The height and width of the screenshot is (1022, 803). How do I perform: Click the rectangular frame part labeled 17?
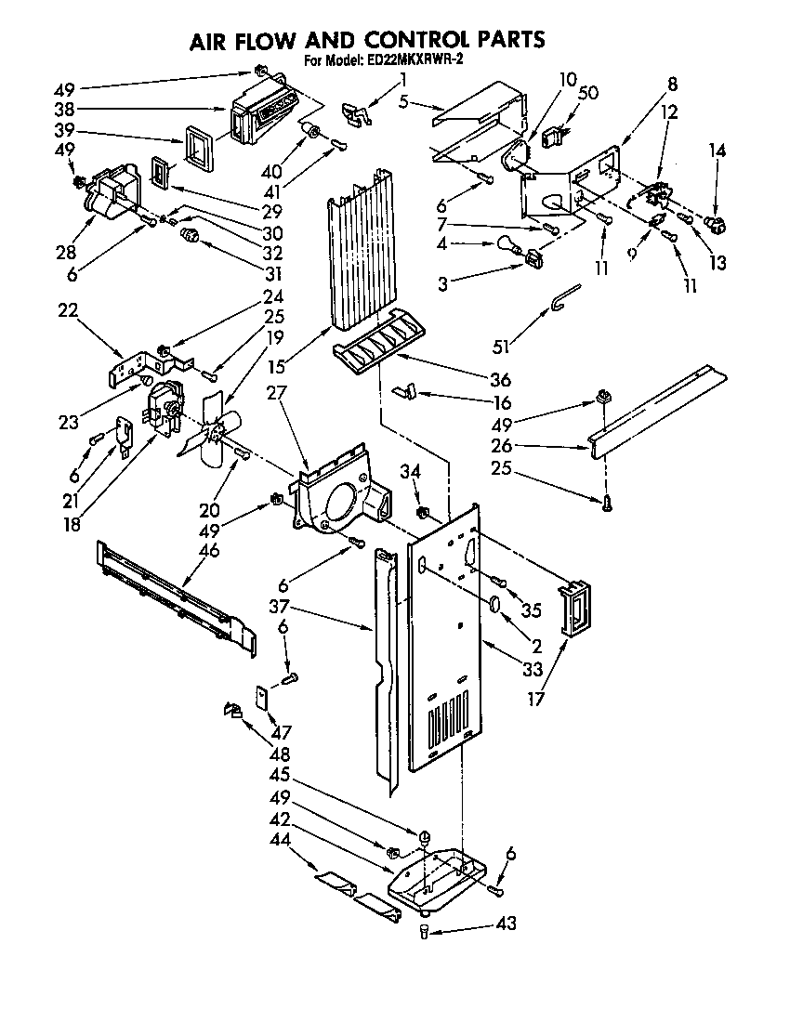tap(575, 609)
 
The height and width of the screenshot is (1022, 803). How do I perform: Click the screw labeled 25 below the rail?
tap(606, 503)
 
